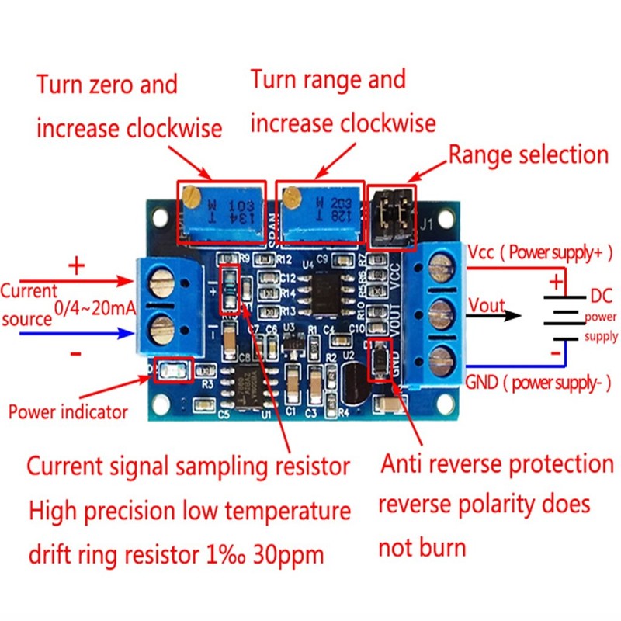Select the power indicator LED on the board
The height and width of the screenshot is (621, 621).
[x=173, y=371]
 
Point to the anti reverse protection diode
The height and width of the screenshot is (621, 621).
[x=381, y=360]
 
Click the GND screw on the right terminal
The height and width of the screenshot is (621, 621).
[x=440, y=359]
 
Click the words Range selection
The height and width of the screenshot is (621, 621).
[x=528, y=154]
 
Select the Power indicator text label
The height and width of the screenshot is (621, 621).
[x=68, y=411]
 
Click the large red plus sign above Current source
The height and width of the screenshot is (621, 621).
[x=76, y=266]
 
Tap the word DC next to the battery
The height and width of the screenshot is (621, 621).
[x=602, y=296]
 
